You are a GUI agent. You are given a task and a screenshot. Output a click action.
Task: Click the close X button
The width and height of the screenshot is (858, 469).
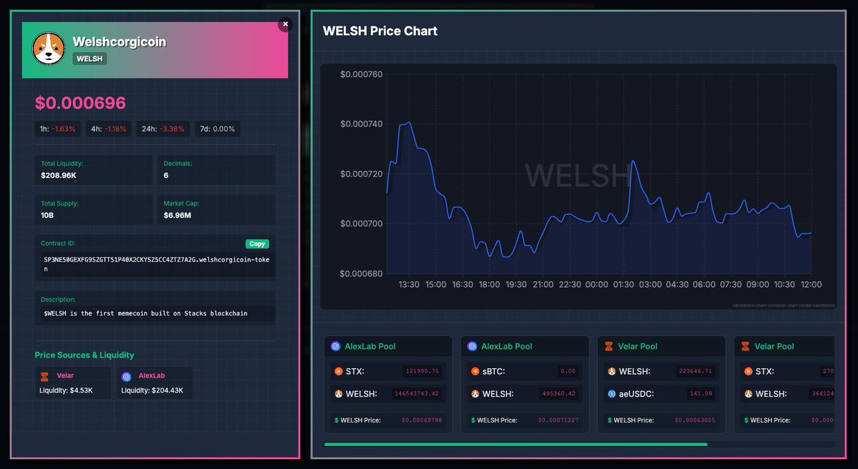pos(285,24)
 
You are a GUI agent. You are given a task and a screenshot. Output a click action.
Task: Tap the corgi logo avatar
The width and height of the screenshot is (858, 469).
pos(49,49)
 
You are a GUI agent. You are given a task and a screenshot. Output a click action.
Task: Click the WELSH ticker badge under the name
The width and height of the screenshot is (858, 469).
pos(89,59)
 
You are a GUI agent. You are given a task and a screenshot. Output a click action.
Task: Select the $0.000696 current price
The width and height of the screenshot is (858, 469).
pos(80,103)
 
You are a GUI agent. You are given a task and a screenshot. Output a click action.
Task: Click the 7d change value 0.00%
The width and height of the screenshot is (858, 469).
pos(219,129)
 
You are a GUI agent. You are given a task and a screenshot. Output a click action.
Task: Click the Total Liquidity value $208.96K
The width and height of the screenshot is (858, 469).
pos(60,175)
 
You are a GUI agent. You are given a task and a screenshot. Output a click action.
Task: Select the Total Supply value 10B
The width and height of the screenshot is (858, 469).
pos(48,215)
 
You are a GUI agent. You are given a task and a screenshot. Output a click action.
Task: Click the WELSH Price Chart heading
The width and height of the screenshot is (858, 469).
pos(380,31)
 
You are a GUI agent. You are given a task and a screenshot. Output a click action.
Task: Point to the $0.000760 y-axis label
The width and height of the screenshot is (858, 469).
pos(361,74)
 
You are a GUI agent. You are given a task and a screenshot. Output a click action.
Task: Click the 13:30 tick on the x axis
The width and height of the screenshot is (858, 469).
pos(409,285)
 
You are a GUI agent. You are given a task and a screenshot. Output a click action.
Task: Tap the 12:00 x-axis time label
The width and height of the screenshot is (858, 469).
pos(810,285)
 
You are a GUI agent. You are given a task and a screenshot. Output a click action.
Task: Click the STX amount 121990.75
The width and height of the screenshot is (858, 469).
pos(422,371)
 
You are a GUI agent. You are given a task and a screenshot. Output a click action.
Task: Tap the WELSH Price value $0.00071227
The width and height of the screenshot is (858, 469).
pos(558,420)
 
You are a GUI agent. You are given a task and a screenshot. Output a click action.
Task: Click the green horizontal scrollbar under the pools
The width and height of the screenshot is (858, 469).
pos(515,444)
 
